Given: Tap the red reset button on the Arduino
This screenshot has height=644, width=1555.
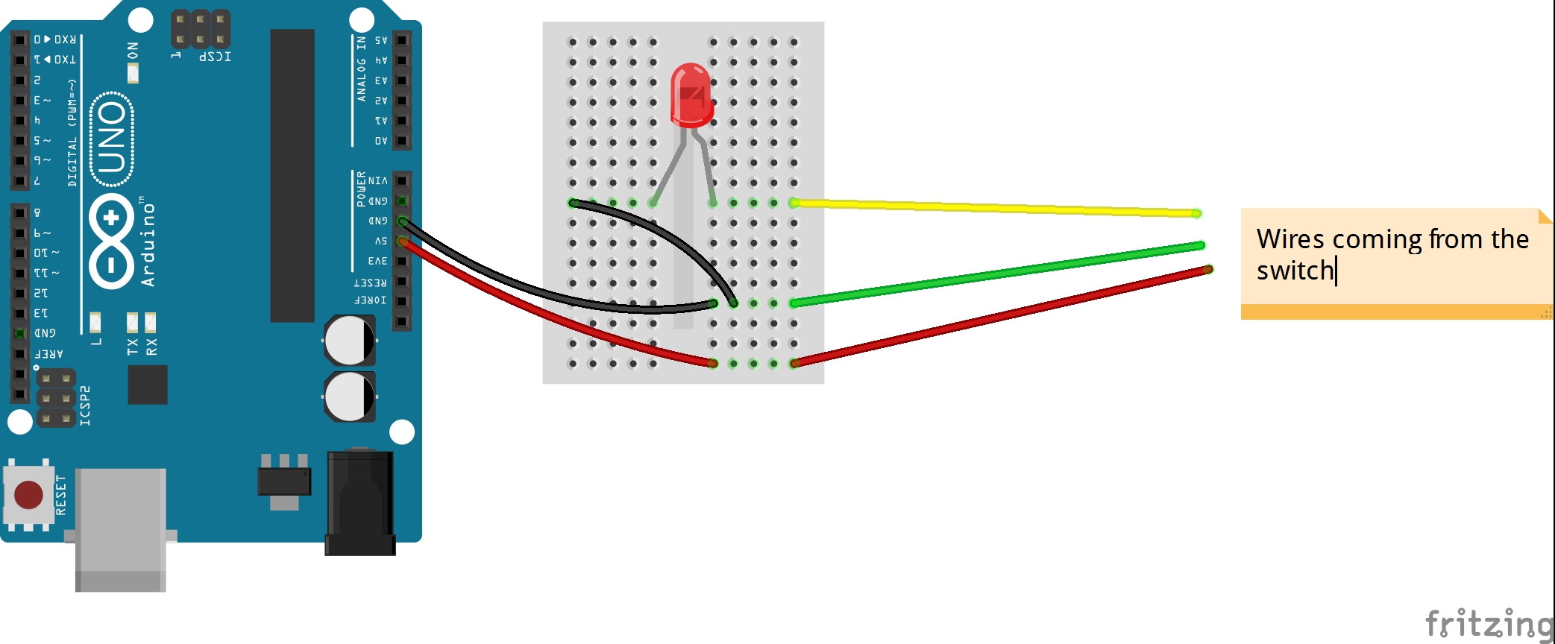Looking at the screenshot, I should point(28,494).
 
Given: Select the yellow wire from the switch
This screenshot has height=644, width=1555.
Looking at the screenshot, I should point(992,207).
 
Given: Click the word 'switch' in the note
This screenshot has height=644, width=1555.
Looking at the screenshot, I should point(1295,271).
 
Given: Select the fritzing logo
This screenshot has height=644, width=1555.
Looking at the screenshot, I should point(1488,623).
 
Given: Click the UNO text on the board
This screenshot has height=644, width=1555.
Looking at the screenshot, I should point(112,138).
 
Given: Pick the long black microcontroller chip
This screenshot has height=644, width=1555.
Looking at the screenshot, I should point(292,175).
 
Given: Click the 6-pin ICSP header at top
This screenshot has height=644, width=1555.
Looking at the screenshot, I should point(201,29).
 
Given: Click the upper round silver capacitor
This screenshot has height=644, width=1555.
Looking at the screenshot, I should point(349,341).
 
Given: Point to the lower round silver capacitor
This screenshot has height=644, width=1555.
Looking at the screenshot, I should point(349,397).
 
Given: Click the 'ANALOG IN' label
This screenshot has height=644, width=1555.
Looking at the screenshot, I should point(361,69).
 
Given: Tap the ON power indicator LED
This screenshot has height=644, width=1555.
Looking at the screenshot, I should point(133,73).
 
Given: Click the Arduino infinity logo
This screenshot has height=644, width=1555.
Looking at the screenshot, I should point(111,241).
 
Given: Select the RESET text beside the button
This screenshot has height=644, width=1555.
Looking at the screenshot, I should point(61,495).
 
